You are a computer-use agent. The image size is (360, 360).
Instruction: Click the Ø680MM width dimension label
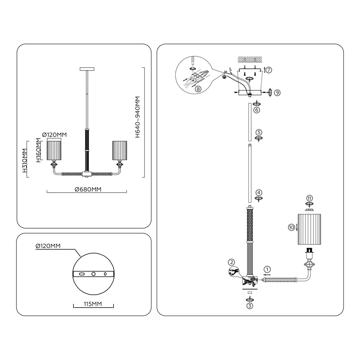click(88, 189)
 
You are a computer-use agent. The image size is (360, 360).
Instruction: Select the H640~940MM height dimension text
click(137, 117)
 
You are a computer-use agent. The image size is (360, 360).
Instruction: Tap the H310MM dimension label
click(24, 161)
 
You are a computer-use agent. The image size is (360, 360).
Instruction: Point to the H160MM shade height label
click(38, 150)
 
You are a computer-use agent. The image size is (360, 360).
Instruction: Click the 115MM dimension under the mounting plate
click(93, 304)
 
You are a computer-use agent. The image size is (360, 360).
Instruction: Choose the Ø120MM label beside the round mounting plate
click(48, 246)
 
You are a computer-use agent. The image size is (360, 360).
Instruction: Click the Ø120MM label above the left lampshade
click(54, 135)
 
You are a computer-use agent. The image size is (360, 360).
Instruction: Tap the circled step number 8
click(198, 89)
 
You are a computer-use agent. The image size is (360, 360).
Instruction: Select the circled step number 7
click(269, 70)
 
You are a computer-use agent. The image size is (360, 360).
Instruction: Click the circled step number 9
click(277, 93)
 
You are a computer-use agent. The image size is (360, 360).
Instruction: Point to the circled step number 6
click(257, 110)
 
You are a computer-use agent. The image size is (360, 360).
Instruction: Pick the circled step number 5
click(259, 132)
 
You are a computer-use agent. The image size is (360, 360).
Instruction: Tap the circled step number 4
click(259, 192)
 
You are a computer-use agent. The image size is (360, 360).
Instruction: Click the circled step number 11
click(310, 198)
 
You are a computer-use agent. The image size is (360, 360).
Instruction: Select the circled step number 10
click(291, 227)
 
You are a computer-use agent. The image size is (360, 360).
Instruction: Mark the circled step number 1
click(267, 269)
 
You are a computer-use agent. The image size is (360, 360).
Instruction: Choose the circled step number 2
click(231, 262)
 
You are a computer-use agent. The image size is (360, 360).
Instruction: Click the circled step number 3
click(249, 306)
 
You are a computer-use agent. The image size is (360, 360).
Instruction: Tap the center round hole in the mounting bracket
click(94, 274)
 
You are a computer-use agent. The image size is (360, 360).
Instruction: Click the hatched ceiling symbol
click(250, 59)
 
